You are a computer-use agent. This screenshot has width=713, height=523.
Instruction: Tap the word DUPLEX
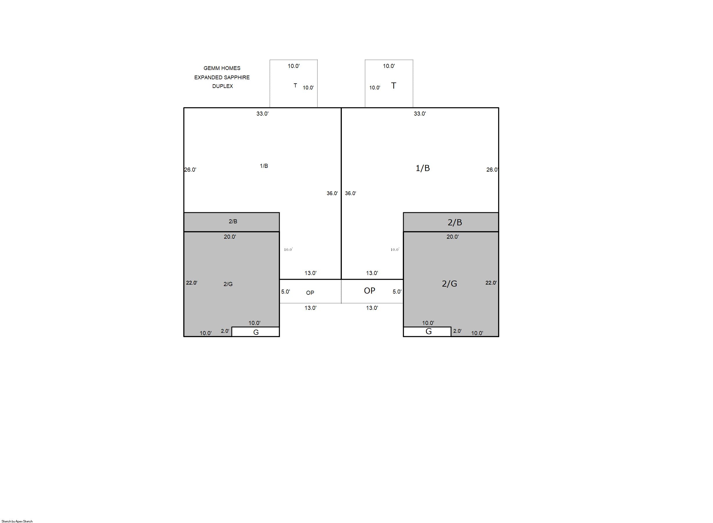tap(222, 86)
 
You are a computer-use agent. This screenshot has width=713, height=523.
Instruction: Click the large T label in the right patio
tap(394, 85)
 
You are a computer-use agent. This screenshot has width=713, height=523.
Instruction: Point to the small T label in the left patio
tap(295, 85)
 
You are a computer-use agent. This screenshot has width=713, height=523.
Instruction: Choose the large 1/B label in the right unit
tap(423, 168)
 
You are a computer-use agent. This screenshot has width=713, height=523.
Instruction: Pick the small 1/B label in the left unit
tap(264, 166)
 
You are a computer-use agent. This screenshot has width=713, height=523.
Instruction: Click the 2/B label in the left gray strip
tap(233, 221)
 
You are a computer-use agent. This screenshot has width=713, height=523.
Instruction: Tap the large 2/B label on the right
tap(455, 222)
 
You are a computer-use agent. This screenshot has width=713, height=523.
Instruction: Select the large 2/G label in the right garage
tap(449, 283)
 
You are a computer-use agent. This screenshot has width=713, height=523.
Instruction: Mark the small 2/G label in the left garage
tap(228, 284)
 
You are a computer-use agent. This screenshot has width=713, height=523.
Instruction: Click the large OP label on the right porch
tap(369, 291)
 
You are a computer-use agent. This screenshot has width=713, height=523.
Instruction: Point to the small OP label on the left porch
tap(310, 293)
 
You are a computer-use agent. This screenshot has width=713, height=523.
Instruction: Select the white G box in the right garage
tap(427, 331)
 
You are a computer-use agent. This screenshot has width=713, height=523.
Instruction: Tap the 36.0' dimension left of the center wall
tap(332, 193)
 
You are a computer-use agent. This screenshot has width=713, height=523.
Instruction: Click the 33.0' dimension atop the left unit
tap(263, 114)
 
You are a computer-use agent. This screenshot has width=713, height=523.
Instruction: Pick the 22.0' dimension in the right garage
tap(491, 283)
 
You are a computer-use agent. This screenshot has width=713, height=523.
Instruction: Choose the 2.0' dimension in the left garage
tap(225, 331)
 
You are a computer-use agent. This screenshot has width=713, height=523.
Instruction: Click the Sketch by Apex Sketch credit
tap(17, 521)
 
